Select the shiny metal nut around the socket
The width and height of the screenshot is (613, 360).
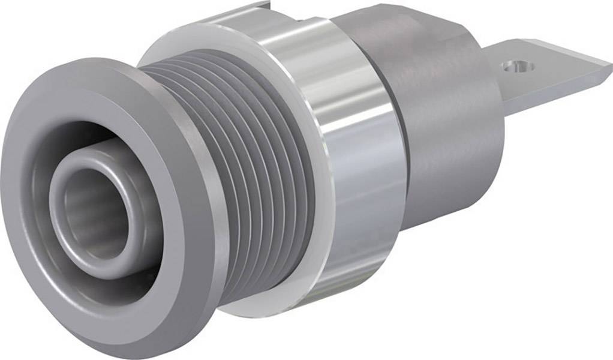pyautogui.click(x=354, y=150)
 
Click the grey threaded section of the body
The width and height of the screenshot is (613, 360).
pyautogui.click(x=252, y=168)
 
